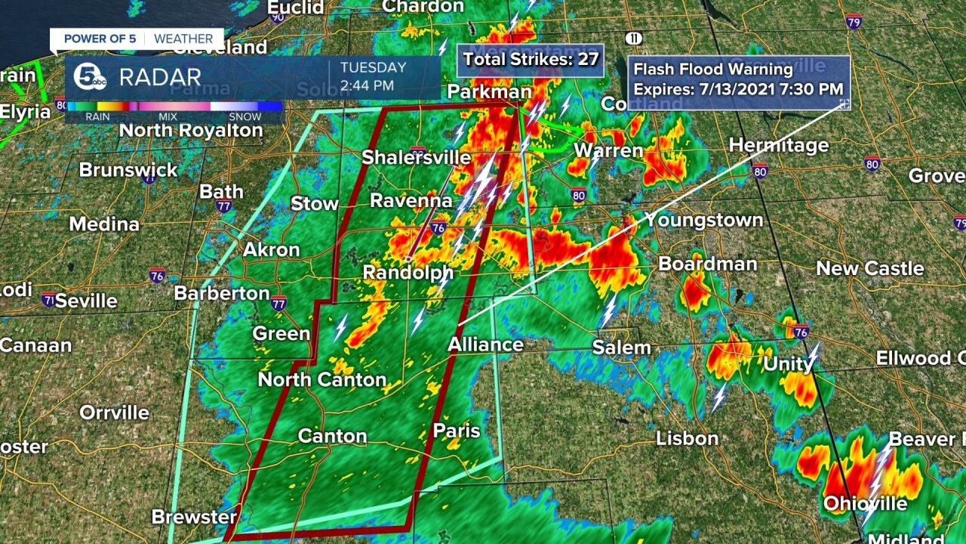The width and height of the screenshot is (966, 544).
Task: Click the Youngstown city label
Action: tap(703, 221)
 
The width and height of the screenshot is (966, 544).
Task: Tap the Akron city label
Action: tap(271, 250)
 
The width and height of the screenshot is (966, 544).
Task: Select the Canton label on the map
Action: tap(332, 436)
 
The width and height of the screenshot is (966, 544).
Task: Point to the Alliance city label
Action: tap(485, 345)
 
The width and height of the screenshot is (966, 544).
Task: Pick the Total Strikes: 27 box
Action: tap(530, 60)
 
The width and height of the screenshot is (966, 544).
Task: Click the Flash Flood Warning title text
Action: tap(712, 70)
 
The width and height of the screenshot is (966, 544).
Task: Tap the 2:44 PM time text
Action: tap(367, 85)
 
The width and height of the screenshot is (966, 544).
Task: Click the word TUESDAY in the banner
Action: tap(373, 68)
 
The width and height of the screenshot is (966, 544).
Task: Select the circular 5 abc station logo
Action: tap(89, 76)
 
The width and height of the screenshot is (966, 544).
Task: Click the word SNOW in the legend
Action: tap(245, 117)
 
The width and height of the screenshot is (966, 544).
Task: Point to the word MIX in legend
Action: tap(168, 117)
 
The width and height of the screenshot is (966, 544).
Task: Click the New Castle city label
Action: tap(869, 269)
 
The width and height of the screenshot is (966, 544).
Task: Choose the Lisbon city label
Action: tap(687, 438)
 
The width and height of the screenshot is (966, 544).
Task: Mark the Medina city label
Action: tap(104, 224)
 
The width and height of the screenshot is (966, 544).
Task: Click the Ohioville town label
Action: tap(865, 504)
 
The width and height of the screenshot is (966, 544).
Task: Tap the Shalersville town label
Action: tap(416, 158)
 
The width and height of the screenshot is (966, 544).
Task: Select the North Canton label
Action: tap(322, 379)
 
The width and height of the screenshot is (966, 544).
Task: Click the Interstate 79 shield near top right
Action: tap(854, 21)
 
